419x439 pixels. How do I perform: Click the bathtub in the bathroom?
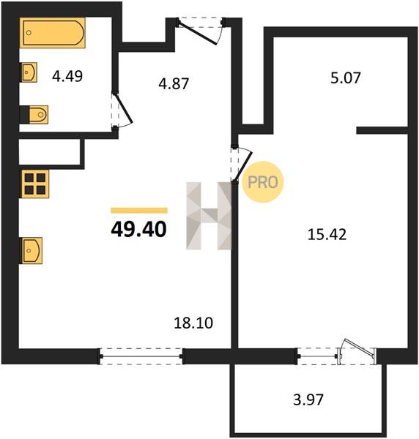[x=53, y=32]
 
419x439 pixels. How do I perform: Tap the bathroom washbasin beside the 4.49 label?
[x=29, y=72]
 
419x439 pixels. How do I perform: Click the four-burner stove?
[x=34, y=184]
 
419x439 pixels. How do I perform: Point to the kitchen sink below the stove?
[x=31, y=250]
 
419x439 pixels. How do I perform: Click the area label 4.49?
[x=67, y=76]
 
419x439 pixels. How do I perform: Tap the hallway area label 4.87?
[x=174, y=83]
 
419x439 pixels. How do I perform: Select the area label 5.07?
[x=345, y=78]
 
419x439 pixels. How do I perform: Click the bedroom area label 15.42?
[x=327, y=234]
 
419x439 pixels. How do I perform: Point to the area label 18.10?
[x=193, y=323]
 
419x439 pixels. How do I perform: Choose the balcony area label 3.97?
[x=308, y=399]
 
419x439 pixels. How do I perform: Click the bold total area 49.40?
[x=138, y=229]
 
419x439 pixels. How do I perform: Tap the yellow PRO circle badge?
[x=263, y=182]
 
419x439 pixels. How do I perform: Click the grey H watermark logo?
[x=209, y=216]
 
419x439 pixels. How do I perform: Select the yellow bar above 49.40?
[x=139, y=211]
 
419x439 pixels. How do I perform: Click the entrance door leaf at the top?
[x=198, y=34]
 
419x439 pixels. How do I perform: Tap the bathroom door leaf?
[x=124, y=109]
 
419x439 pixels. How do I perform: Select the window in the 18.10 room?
[x=141, y=356]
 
